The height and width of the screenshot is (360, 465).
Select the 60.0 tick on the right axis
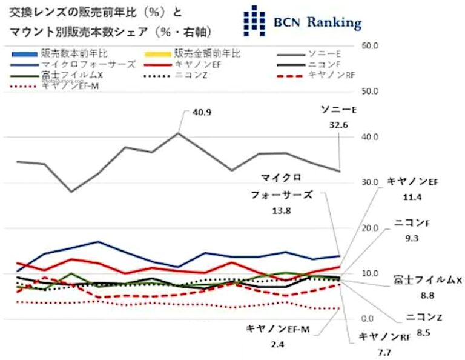[369, 46]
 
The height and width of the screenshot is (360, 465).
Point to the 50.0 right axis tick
[369, 92]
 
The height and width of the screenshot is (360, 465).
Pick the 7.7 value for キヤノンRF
[383, 352]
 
